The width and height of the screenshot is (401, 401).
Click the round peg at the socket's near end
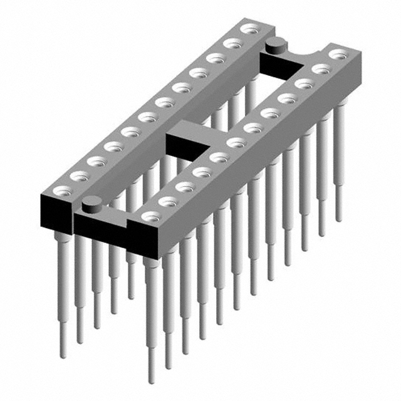(x=92, y=202)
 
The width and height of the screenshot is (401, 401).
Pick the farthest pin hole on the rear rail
(x=250, y=28)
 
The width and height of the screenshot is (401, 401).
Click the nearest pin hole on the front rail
(x=149, y=216)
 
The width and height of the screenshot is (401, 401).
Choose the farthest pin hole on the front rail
(x=338, y=55)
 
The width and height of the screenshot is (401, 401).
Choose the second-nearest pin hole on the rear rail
(x=78, y=176)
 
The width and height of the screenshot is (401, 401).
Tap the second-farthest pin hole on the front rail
(x=321, y=69)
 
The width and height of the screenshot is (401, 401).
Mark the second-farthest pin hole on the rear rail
(x=233, y=43)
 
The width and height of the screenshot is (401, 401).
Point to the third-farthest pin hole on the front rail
(x=305, y=83)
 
